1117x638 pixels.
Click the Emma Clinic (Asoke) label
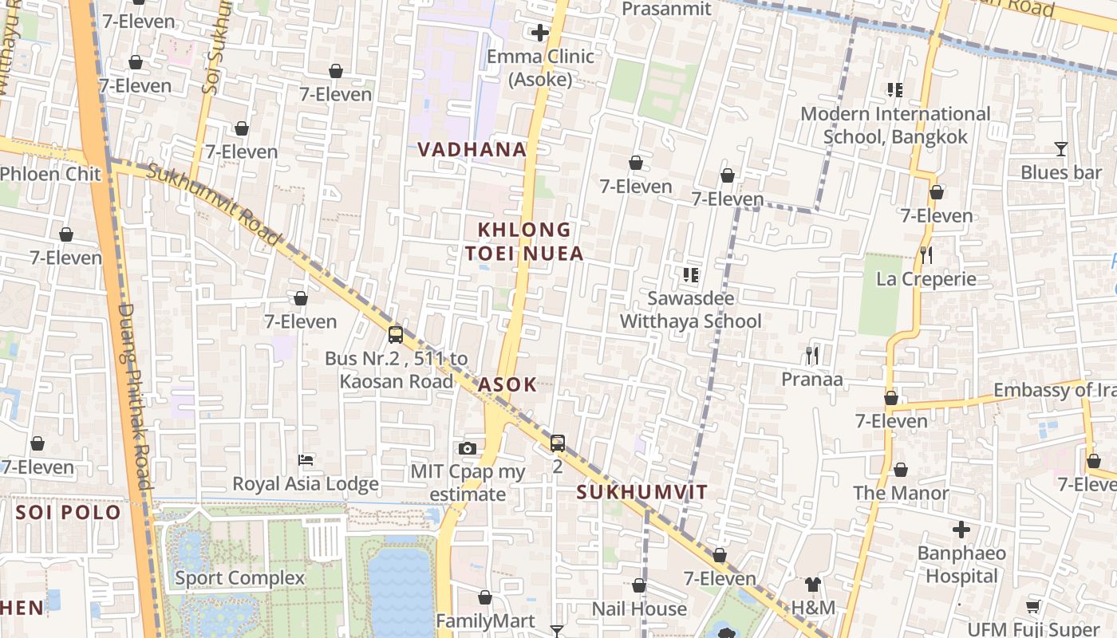[540, 68]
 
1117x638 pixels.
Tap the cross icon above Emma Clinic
[540, 33]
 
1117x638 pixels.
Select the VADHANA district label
[472, 149]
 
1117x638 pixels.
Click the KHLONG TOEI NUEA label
[525, 242]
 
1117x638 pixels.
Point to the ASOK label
[507, 384]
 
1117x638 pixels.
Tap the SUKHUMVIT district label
[641, 492]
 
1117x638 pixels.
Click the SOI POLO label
[69, 512]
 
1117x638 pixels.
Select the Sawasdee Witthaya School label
[691, 309]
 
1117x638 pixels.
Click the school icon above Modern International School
[894, 90]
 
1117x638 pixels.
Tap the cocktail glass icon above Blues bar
[1060, 149]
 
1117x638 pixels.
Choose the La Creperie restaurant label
[926, 279]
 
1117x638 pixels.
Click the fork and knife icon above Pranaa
[812, 355]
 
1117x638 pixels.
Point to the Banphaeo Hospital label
[961, 565]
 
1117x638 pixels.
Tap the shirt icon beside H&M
[812, 585]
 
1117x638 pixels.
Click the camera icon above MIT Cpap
[468, 449]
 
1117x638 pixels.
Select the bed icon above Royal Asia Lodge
[305, 460]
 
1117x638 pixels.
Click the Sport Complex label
[239, 578]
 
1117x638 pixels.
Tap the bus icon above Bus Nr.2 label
[396, 335]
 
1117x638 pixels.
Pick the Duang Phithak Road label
[133, 396]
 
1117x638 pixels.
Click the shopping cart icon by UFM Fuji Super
[1033, 606]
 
